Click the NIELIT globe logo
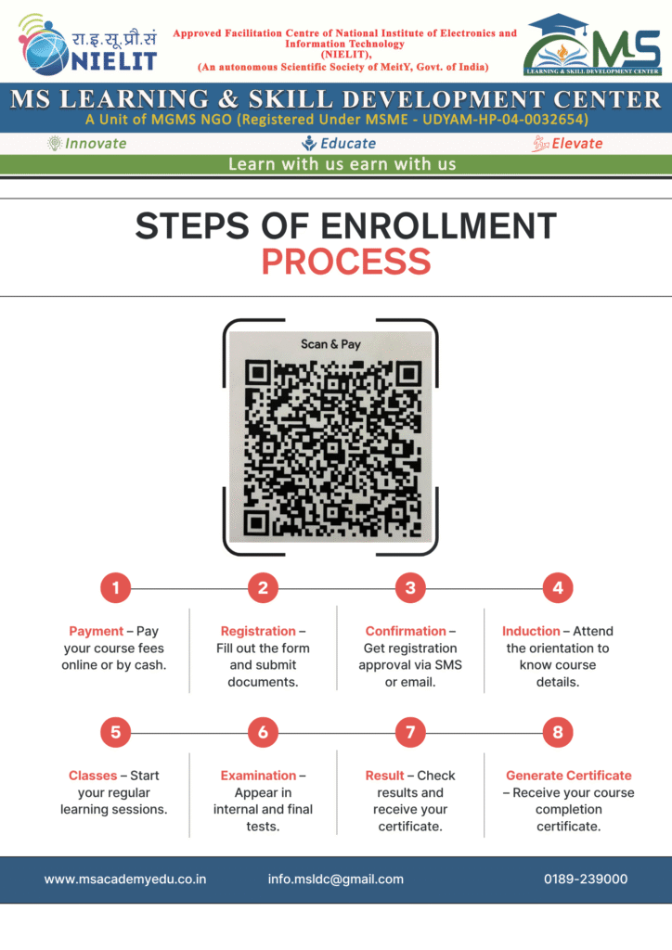click(x=44, y=46)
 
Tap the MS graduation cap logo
click(x=592, y=45)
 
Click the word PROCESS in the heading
click(x=346, y=262)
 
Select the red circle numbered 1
click(x=116, y=587)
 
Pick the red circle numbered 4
click(x=558, y=587)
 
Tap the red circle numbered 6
click(x=263, y=733)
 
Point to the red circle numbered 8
click(x=558, y=733)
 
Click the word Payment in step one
click(x=96, y=631)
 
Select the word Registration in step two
click(x=258, y=631)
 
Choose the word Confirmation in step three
click(x=406, y=631)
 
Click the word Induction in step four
click(x=531, y=631)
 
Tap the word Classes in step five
click(x=93, y=776)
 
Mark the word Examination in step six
click(x=258, y=776)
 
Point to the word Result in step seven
click(x=384, y=776)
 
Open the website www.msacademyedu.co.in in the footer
click(x=124, y=879)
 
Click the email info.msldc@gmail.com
click(x=336, y=879)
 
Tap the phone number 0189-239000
click(x=586, y=879)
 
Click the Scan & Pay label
click(x=330, y=344)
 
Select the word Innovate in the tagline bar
click(x=96, y=144)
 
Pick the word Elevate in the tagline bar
click(x=577, y=144)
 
